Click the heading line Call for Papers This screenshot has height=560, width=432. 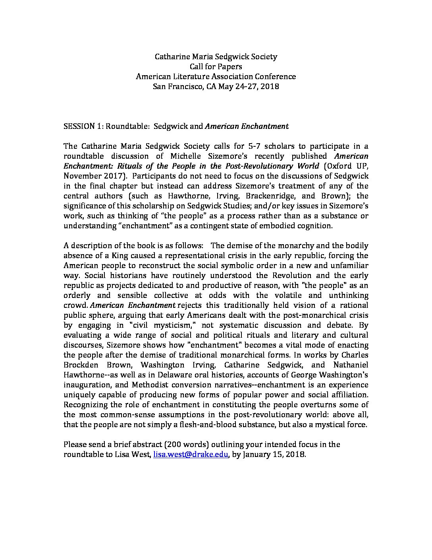point(216,67)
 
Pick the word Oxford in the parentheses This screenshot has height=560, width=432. point(339,166)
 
